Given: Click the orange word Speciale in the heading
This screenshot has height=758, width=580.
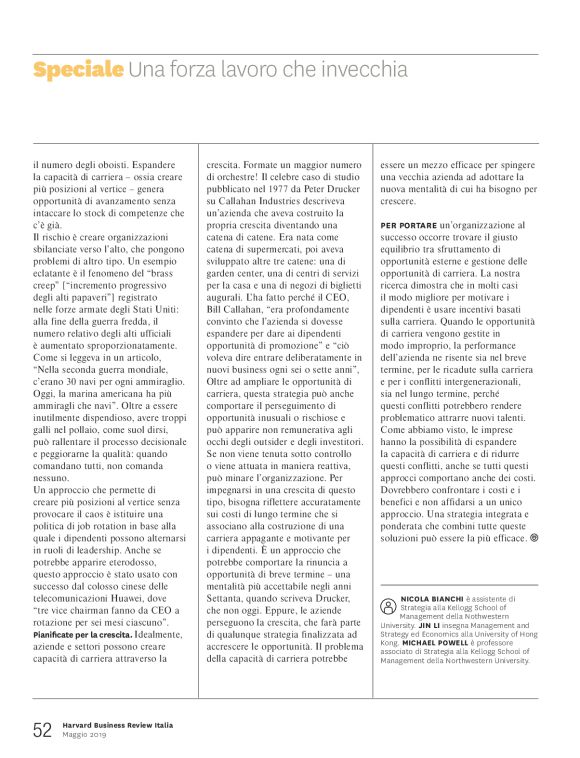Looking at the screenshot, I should (x=78, y=70).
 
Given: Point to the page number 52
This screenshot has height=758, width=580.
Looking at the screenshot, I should (x=42, y=730).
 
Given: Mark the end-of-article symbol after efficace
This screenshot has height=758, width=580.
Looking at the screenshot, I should (x=533, y=537).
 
